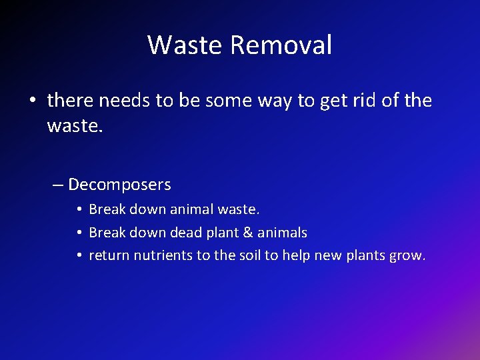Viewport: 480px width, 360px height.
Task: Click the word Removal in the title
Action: pos(281,45)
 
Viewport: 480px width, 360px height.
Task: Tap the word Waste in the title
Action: pos(185,45)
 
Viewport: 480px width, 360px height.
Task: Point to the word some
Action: pos(227,101)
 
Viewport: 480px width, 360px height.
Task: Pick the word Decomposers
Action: pos(119,185)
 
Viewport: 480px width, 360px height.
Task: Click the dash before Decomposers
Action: pos(58,185)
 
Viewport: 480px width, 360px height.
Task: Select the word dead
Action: pos(191,233)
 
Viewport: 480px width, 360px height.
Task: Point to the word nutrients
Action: pos(163,255)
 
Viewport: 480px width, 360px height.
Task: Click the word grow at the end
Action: pos(407,255)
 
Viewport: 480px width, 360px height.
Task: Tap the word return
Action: pos(109,255)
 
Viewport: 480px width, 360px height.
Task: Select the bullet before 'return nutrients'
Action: pos(79,256)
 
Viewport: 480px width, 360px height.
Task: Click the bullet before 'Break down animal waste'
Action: pos(79,210)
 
